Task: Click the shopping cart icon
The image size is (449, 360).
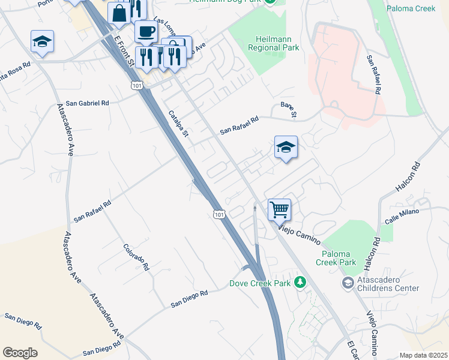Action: click(279, 209)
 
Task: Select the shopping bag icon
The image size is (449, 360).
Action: click(119, 13)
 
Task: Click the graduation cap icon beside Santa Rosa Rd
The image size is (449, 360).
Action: click(43, 41)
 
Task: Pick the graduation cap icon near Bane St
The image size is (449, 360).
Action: click(286, 146)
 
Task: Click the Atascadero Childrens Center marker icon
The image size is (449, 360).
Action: click(347, 282)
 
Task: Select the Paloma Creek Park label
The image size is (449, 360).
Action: click(336, 258)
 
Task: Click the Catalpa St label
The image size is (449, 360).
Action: click(178, 123)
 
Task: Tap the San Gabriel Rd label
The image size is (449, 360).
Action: click(88, 103)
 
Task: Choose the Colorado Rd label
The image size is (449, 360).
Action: click(136, 256)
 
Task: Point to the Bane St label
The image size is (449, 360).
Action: click(289, 110)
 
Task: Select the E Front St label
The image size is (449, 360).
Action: click(121, 49)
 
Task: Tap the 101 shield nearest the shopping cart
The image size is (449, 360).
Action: click(219, 214)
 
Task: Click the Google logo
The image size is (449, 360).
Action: click(20, 353)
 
